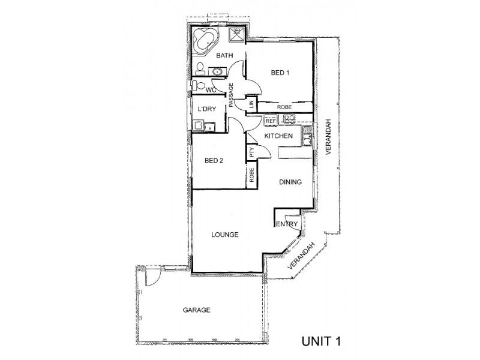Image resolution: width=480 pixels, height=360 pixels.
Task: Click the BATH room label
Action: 224,55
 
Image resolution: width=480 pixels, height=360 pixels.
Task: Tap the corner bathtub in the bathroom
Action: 205,40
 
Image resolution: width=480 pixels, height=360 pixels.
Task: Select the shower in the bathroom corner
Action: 236,34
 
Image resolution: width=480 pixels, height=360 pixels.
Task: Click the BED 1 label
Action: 280,73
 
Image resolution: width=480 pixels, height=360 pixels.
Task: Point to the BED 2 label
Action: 214,161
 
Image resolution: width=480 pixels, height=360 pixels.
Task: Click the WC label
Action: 211,90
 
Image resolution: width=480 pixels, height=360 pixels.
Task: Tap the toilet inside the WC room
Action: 199,85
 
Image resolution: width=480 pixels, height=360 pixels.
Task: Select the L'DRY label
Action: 207,109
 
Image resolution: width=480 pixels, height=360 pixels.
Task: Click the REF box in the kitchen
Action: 271,121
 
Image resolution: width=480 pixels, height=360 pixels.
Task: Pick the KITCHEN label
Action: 278,136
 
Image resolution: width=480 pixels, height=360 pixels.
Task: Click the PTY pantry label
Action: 251,152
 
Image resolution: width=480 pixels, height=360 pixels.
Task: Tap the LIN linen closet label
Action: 251,104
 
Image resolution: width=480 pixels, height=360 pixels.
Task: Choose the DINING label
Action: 290,182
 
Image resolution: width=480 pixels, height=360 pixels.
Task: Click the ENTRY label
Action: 287,224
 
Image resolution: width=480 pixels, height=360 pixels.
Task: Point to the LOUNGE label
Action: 224,235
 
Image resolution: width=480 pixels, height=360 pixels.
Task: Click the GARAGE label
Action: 197,310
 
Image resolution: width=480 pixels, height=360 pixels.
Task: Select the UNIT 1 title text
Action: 321,341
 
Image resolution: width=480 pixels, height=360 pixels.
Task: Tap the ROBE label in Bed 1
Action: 284,107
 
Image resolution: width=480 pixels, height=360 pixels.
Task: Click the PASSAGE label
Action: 231,95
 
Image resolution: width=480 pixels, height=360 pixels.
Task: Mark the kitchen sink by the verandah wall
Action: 307,136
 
